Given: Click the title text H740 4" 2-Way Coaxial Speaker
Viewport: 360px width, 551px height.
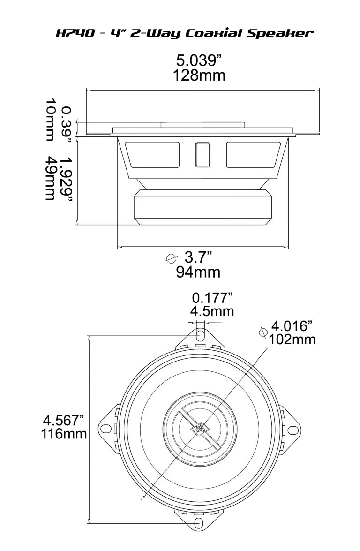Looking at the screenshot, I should (183, 33).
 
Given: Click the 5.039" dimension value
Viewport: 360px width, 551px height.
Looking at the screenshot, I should (198, 61).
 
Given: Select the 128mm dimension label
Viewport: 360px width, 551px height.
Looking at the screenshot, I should (199, 75).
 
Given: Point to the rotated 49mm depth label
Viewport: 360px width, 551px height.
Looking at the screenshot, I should (51, 178).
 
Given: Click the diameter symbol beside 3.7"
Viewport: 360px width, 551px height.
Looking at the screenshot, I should (172, 258).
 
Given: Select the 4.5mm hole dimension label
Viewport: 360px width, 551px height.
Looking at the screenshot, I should (212, 312).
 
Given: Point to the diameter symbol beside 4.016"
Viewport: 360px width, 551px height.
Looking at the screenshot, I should (263, 332).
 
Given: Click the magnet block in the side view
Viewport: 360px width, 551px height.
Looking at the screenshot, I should (202, 207).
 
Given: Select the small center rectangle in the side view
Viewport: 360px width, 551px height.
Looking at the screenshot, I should (202, 154).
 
